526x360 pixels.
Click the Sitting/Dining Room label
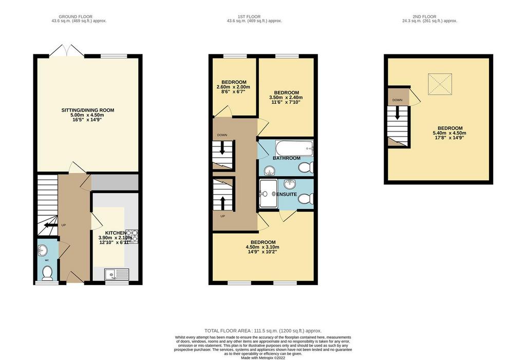87,110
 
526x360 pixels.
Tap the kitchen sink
117,274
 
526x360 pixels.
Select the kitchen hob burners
131,236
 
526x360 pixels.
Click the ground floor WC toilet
47,273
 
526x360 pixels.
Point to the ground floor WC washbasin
43,250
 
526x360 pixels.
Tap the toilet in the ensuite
306,199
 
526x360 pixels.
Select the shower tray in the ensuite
268,194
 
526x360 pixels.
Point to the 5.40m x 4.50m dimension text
450,133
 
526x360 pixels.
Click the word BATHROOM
287,158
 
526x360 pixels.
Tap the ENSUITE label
287,194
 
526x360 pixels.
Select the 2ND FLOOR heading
424,16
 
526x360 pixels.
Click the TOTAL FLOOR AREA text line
263,331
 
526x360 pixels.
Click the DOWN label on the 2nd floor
397,100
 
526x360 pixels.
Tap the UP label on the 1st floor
223,216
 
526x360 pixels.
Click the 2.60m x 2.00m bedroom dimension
234,87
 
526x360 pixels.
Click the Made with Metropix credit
264,357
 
